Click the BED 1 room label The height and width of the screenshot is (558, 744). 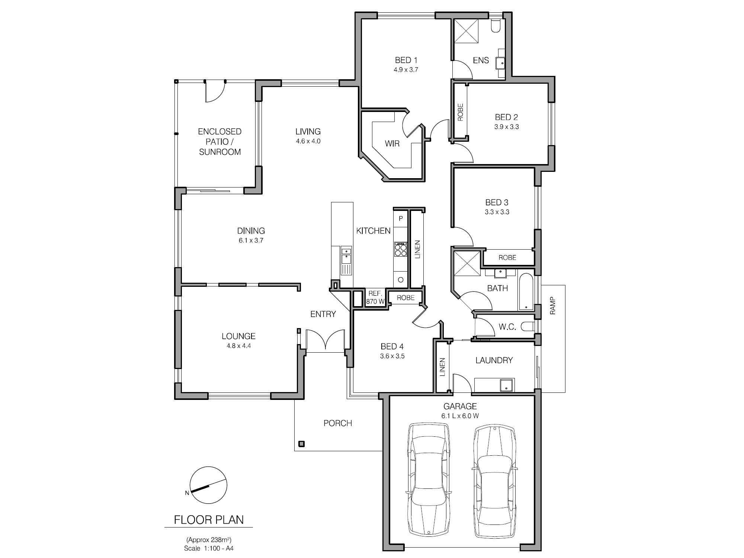click(406, 60)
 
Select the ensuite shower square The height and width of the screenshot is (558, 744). click(466, 31)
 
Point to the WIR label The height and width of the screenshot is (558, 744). click(392, 144)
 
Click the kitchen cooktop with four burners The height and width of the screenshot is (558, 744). click(401, 249)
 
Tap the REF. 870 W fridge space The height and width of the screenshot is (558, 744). click(375, 298)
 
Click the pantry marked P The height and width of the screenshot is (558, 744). click(401, 218)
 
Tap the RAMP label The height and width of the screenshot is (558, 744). click(552, 306)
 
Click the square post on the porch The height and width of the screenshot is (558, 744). click(302, 443)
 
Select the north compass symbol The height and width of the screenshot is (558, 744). click(209, 485)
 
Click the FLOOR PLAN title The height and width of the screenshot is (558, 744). click(209, 520)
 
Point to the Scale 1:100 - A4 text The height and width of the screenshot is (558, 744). click(209, 548)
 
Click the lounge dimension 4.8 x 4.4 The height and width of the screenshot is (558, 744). click(238, 346)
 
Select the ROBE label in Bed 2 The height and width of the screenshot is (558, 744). click(461, 112)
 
